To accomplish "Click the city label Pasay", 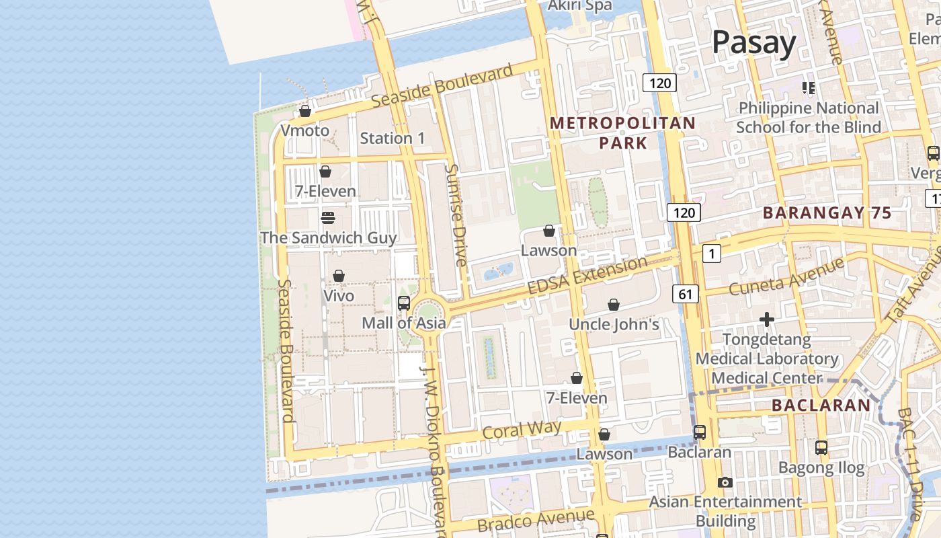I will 753,42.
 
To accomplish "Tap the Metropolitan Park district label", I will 622,132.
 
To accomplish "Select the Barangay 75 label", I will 827,213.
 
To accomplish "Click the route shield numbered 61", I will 685,294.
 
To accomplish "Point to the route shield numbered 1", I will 711,254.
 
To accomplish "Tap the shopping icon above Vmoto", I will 305,111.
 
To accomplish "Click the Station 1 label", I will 393,139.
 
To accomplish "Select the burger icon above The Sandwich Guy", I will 328,218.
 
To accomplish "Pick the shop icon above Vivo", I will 339,276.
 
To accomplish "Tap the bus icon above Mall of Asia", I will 404,303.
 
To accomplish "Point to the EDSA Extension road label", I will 587,275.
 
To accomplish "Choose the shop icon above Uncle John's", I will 614,305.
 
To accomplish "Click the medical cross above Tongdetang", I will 767,319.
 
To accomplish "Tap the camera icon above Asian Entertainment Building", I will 725,482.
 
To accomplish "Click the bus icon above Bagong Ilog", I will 821,447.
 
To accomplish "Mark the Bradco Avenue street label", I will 536,521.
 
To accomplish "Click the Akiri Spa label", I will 580,5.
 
